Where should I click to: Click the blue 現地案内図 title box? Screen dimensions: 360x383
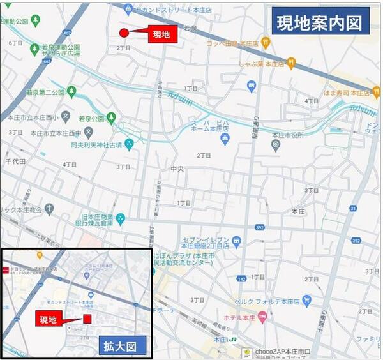coord(321,24)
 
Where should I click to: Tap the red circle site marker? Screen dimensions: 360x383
coord(124,33)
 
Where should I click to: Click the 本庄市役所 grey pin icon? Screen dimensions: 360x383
coord(275,145)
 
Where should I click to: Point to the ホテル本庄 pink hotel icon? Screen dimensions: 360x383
coord(264,317)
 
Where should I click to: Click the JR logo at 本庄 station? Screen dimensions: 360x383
coord(234,339)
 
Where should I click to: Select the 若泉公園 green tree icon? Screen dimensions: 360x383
coord(112,117)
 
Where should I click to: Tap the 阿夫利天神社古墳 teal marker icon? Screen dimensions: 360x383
coord(129,144)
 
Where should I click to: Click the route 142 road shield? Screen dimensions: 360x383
coord(240,278)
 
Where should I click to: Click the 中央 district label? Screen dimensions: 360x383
coord(177,169)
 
